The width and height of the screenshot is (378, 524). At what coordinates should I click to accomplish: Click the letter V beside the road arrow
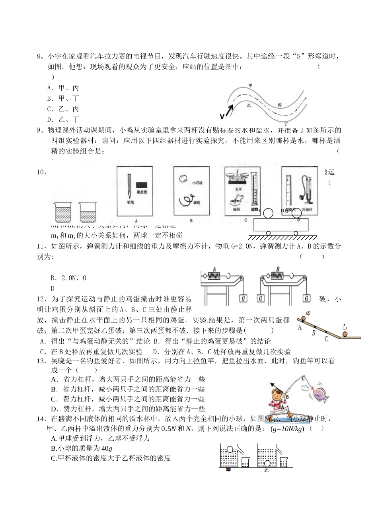point(222,117)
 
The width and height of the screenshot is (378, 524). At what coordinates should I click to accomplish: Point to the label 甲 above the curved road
point(250,85)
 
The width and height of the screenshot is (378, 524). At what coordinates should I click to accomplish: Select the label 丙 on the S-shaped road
point(280,104)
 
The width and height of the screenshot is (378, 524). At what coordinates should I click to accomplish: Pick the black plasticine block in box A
point(142,185)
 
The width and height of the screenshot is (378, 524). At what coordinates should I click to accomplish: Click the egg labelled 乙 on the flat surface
point(345,334)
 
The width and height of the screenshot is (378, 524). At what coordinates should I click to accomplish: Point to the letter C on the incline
point(326,339)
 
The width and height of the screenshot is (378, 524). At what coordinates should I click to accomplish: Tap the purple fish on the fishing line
point(319,393)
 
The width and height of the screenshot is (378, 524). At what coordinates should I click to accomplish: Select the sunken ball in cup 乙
point(267,463)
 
